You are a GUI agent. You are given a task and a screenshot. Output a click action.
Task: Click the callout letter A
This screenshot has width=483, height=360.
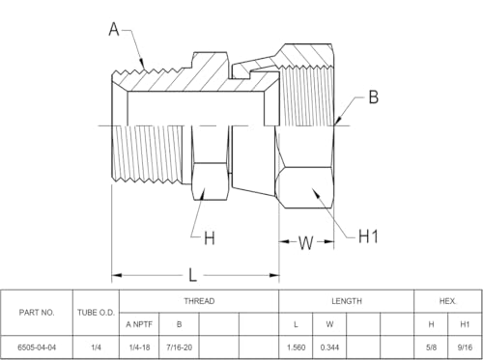[114, 29]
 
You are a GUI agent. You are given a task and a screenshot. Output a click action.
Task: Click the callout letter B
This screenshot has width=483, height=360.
[374, 97]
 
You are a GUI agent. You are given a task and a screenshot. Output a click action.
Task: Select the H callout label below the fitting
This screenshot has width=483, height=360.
[210, 238]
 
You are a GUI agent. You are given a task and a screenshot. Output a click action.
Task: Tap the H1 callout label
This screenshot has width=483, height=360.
[368, 236]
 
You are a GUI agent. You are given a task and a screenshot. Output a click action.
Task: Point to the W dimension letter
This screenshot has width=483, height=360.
[305, 243]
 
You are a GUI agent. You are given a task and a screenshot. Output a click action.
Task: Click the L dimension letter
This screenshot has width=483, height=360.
[192, 275]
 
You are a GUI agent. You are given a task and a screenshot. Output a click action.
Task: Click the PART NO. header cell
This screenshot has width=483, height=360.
[37, 313]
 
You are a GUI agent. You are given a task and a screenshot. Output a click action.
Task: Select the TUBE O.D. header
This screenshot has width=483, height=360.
[96, 313]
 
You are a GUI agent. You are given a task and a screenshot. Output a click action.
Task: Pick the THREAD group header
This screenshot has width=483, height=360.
[199, 301]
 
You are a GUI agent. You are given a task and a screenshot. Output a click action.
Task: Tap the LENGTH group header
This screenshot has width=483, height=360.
[347, 301]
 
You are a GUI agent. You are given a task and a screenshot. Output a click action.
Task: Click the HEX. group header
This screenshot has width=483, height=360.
[448, 301]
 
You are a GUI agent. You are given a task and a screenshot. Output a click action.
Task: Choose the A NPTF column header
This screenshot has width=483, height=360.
[139, 324]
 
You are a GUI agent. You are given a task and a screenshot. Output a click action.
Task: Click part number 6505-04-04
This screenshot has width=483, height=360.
[37, 347]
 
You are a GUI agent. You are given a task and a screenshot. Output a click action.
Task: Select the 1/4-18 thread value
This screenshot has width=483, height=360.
[139, 347]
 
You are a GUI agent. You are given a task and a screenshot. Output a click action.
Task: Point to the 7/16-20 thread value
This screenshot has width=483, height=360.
[179, 347]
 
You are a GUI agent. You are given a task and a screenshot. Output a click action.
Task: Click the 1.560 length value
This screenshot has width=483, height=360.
[296, 347]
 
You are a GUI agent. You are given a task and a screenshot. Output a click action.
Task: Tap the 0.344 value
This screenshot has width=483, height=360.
[329, 347]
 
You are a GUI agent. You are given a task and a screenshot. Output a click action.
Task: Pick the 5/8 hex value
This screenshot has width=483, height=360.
[431, 347]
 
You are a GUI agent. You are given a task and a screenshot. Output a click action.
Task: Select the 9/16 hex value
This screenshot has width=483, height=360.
[465, 347]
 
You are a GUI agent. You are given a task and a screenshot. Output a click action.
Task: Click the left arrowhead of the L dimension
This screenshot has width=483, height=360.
[117, 275]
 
